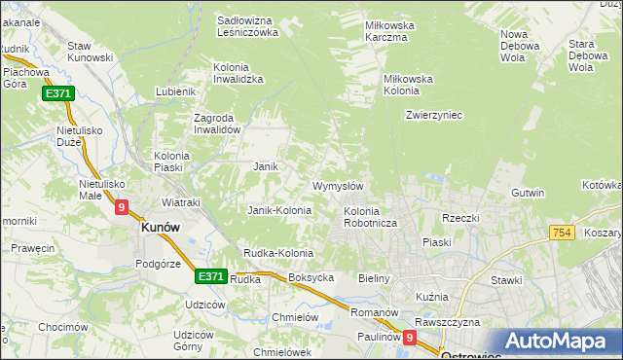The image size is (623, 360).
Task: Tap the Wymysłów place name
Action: (338, 186)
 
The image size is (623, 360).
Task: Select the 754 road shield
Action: (561, 232)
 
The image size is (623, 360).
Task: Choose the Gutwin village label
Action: (527, 193)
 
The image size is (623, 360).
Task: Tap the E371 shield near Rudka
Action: (210, 276)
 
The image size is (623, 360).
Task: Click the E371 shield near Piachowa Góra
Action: (55, 93)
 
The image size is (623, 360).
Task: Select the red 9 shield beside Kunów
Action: (121, 207)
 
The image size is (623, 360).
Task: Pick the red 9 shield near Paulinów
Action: (410, 338)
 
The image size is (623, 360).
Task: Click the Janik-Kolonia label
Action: (279, 210)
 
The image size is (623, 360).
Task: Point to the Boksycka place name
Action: (311, 277)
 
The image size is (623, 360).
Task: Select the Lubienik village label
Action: (175, 92)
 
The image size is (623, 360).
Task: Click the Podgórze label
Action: (159, 263)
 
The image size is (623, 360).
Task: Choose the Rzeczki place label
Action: (460, 218)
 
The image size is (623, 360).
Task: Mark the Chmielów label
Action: (296, 317)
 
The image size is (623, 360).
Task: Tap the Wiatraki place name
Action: (180, 202)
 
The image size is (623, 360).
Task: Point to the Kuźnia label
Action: (431, 296)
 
